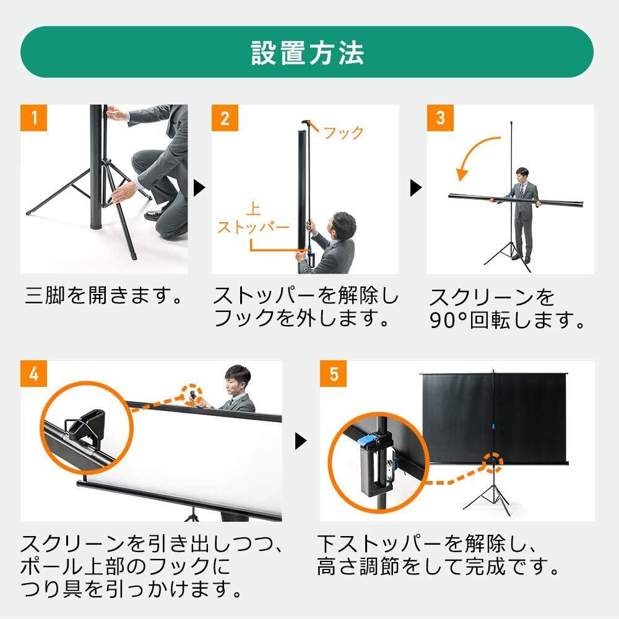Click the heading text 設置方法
[307, 53]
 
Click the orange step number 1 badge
[33, 118]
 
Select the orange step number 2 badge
[225, 118]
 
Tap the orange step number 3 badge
[440, 118]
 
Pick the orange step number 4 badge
[33, 373]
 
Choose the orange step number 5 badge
[333, 373]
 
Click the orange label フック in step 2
[343, 133]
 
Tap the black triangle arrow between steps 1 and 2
[199, 188]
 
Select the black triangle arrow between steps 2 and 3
[416, 188]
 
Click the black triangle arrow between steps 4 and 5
[301, 441]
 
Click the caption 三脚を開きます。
[104, 295]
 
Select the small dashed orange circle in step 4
[193, 394]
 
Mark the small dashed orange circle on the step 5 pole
[492, 462]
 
